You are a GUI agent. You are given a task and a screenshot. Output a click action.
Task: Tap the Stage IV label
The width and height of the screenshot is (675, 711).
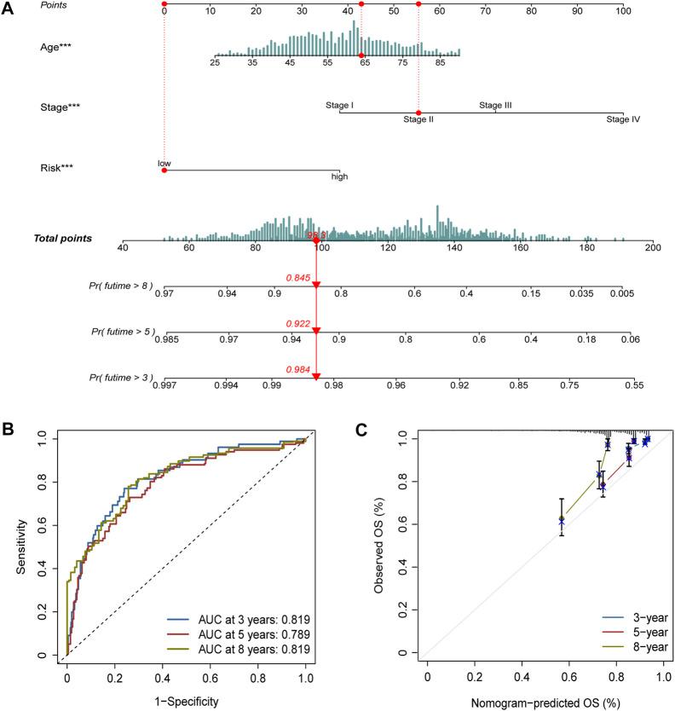pos(623,120)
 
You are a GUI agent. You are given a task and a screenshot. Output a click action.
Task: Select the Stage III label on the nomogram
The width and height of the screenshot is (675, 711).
pos(495,106)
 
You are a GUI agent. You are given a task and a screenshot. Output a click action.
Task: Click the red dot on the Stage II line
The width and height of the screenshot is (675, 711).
pos(418,113)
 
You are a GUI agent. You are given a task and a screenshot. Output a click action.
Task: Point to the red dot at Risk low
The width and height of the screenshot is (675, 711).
pos(164,170)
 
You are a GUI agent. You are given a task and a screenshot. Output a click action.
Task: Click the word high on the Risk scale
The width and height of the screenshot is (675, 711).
pos(339,177)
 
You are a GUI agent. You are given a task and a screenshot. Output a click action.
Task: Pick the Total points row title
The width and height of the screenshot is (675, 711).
pos(63,238)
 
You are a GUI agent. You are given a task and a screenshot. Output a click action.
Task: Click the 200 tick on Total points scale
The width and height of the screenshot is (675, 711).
pos(653,247)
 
